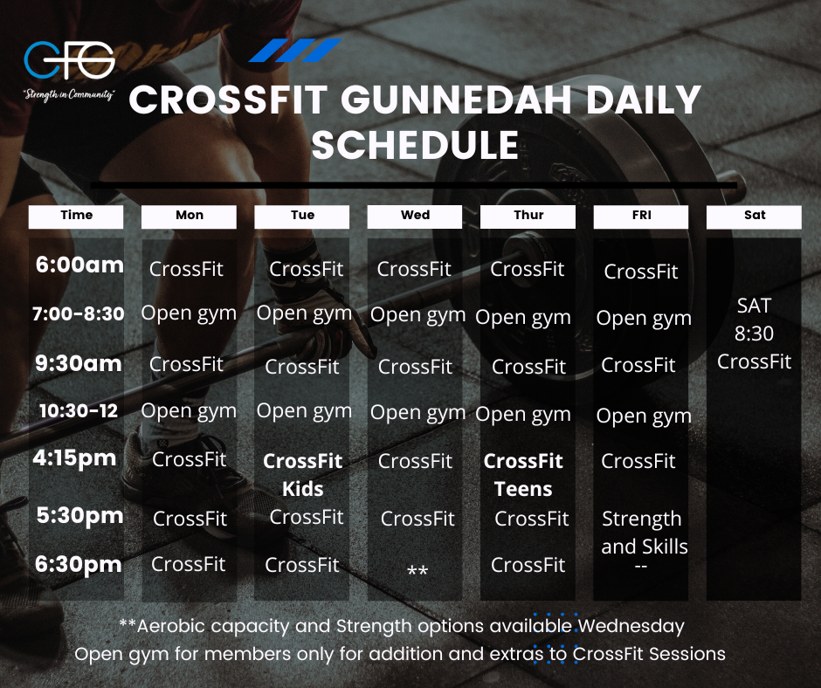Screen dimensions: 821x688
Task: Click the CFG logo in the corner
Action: (69, 59)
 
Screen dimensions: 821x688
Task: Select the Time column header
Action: (76, 217)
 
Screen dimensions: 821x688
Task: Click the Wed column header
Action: (415, 217)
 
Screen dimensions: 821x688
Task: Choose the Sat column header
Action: (754, 217)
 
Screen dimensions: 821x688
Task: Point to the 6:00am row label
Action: (79, 265)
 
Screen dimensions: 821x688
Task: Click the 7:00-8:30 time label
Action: (78, 313)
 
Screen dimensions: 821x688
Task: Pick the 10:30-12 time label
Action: (79, 411)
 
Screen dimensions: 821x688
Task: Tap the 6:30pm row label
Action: (79, 564)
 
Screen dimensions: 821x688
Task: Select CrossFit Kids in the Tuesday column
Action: (303, 475)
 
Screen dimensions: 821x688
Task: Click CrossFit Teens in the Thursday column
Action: (523, 475)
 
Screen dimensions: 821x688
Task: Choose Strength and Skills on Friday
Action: (644, 533)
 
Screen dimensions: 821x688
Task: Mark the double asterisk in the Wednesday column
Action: (417, 569)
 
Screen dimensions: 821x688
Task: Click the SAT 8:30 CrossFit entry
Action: (754, 334)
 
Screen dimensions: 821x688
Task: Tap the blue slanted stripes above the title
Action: (295, 51)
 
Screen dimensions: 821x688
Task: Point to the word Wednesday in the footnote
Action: (631, 626)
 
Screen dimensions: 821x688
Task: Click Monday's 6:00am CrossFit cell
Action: (186, 269)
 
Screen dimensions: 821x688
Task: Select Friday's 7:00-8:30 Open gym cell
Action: (644, 319)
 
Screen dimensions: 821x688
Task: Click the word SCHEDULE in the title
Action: (415, 145)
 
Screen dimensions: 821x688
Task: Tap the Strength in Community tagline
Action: (69, 95)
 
